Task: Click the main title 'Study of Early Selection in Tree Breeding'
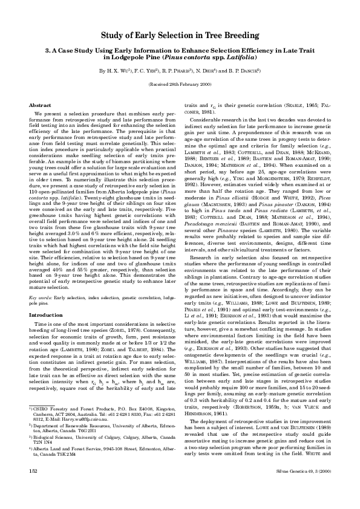pyautogui.click(x=180, y=36)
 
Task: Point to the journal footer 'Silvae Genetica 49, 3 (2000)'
pyautogui.click(x=301, y=486)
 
